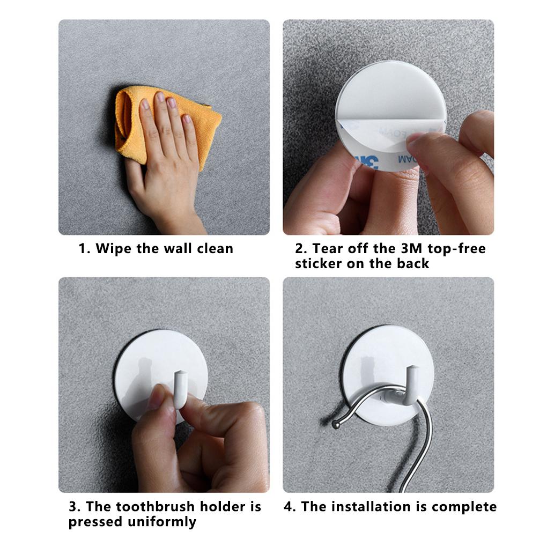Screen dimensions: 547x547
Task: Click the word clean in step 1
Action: point(215,248)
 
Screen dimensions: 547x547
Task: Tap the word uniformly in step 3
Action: point(162,522)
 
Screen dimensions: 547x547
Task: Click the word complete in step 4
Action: point(464,507)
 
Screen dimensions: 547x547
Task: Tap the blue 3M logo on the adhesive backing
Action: point(367,162)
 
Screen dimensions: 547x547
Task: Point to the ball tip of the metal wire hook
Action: point(336,425)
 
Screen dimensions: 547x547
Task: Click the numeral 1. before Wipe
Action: point(84,249)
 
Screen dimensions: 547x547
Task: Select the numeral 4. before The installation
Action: point(290,507)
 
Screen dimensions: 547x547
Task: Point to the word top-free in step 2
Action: point(456,249)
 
